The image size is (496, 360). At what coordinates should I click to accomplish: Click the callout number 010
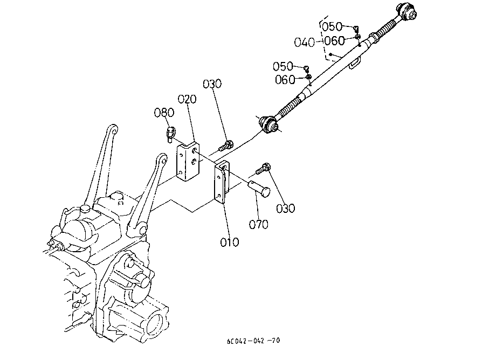(x=229, y=243)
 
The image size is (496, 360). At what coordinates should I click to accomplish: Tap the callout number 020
(x=187, y=99)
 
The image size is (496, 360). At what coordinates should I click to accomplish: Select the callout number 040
(x=304, y=43)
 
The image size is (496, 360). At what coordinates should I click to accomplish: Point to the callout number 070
(x=258, y=224)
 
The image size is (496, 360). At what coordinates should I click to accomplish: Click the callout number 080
(x=164, y=112)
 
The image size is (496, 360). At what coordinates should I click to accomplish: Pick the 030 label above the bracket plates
(x=212, y=84)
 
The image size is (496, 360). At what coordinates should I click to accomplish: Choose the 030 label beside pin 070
(x=285, y=208)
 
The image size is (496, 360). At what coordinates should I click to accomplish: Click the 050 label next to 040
(x=332, y=26)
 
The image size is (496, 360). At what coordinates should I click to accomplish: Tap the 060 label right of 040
(x=334, y=40)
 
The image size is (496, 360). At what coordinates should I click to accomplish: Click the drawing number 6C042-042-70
(x=253, y=341)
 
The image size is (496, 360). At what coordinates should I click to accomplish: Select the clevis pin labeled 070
(x=259, y=189)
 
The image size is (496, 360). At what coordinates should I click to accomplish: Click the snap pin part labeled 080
(x=170, y=134)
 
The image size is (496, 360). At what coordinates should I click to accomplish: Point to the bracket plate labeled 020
(x=188, y=162)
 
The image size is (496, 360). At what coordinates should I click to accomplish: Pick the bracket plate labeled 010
(x=222, y=182)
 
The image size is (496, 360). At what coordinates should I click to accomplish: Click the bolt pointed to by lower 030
(x=262, y=169)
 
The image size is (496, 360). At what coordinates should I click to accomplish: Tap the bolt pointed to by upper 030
(x=225, y=146)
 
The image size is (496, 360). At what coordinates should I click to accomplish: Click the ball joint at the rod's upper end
(x=407, y=11)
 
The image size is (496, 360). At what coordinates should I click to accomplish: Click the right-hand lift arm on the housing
(x=149, y=193)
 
